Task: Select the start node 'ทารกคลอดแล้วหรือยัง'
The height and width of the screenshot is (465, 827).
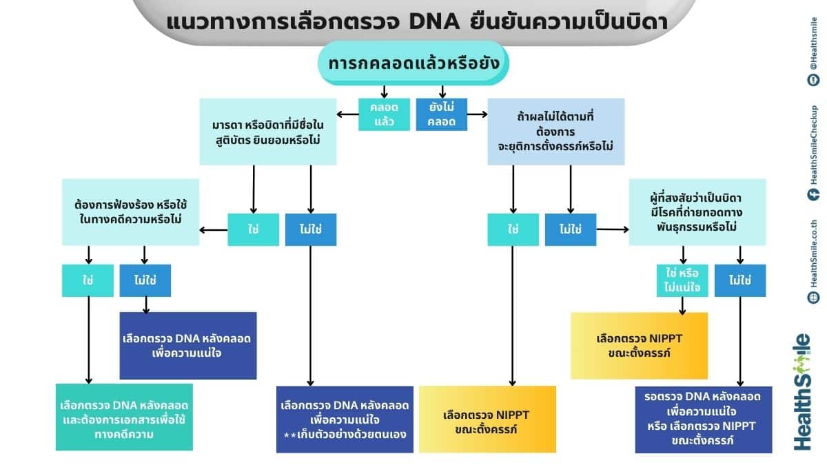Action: click(x=413, y=64)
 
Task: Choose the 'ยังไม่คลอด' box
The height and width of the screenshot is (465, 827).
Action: click(x=442, y=114)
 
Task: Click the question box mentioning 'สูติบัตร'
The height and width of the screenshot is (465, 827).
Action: click(x=268, y=132)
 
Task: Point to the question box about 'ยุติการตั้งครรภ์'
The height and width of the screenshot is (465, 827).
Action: click(x=555, y=132)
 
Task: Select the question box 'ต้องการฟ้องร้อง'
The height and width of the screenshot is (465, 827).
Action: click(x=130, y=212)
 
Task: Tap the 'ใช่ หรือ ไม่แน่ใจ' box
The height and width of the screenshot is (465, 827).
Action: click(x=682, y=280)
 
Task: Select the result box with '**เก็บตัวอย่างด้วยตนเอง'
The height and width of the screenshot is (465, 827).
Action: click(x=345, y=419)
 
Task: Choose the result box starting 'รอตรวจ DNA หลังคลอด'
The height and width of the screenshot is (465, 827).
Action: click(x=704, y=420)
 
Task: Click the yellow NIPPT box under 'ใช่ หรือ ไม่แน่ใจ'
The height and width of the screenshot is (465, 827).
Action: click(x=639, y=345)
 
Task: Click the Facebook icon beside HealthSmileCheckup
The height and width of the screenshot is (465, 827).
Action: click(x=813, y=194)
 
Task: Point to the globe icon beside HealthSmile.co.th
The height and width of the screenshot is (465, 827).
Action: click(x=813, y=297)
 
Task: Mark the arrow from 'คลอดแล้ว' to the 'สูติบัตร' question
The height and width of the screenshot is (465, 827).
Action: click(x=347, y=114)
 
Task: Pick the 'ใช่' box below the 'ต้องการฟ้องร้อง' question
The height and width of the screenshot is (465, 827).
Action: click(x=88, y=280)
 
